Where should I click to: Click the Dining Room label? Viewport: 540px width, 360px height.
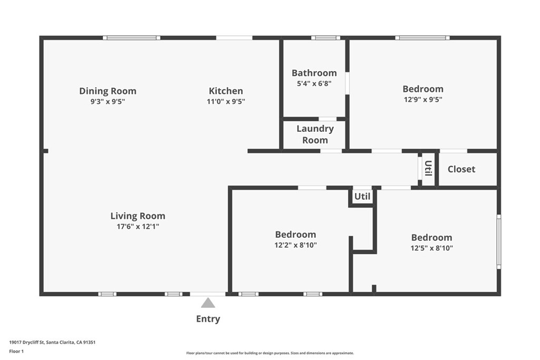click(x=108, y=91)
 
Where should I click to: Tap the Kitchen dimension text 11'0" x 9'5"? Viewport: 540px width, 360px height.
click(x=226, y=102)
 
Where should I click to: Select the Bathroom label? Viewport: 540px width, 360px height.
click(x=314, y=73)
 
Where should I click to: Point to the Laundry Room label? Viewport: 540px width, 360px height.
click(x=315, y=134)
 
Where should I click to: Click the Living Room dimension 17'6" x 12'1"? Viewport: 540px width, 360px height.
click(x=138, y=227)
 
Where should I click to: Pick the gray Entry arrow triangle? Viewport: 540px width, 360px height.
click(x=208, y=303)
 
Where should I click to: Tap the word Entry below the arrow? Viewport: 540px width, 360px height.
click(x=208, y=319)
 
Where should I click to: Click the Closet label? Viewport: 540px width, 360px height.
click(x=461, y=169)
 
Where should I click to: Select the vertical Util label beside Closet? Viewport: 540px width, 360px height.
click(x=428, y=169)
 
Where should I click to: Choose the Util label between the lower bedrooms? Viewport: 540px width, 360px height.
click(x=362, y=197)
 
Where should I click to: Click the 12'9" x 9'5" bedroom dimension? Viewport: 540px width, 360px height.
click(x=423, y=99)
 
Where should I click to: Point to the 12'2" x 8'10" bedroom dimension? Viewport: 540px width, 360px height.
click(x=295, y=245)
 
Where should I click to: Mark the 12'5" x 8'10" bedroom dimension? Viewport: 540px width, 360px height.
click(x=431, y=248)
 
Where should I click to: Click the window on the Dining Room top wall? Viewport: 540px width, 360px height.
click(x=131, y=38)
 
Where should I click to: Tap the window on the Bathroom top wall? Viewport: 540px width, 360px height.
click(x=325, y=38)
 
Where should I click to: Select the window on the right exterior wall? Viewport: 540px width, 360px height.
click(x=498, y=242)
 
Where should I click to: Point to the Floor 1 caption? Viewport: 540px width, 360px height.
click(x=16, y=351)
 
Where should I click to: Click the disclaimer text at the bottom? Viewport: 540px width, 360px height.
click(x=269, y=353)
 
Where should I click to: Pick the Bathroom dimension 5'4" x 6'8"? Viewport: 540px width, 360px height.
click(x=314, y=83)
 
